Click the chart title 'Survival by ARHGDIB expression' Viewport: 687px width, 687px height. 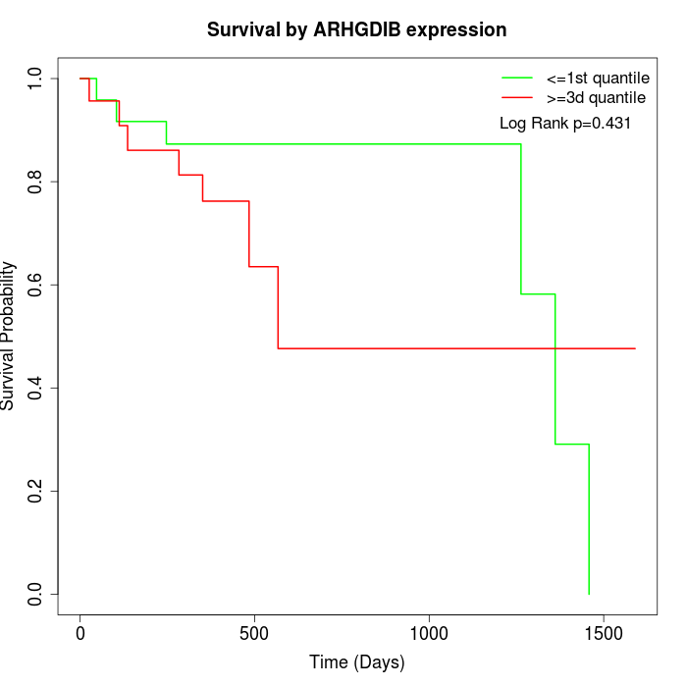[x=356, y=29]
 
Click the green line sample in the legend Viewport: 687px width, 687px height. [x=516, y=78]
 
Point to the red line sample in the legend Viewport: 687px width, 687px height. [x=516, y=97]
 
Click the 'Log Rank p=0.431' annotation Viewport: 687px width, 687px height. [x=564, y=124]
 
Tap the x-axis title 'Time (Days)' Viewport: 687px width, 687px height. [x=356, y=662]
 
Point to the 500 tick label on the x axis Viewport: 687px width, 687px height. [x=254, y=633]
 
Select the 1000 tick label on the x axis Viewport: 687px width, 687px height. [x=429, y=633]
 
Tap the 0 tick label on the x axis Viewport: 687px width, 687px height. [x=80, y=633]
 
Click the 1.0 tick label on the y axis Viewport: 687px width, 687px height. [x=36, y=78]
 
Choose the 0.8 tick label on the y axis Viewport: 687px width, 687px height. [x=36, y=182]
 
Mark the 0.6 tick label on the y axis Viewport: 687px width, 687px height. [x=36, y=285]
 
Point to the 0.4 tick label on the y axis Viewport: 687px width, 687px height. [x=36, y=388]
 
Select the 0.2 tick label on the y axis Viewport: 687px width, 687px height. [x=36, y=491]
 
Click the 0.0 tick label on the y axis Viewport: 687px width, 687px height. [x=36, y=594]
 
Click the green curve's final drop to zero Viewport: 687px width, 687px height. [x=589, y=520]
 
